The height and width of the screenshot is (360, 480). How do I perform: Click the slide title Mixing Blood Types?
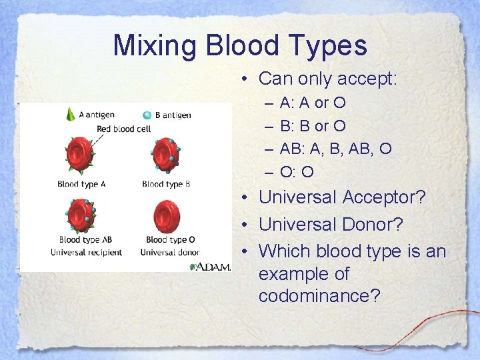tap(240, 45)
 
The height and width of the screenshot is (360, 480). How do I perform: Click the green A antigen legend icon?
tap(71, 114)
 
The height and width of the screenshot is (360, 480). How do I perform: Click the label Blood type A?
tap(81, 184)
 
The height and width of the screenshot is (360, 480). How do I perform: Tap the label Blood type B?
tap(166, 184)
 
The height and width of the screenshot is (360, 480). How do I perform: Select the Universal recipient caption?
tap(87, 252)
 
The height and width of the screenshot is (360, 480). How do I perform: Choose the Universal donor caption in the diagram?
tap(170, 252)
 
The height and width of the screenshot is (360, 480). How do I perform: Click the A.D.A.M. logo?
tap(211, 266)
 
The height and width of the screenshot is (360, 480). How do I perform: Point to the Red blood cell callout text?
tap(124, 129)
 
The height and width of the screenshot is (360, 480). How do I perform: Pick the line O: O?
tap(297, 172)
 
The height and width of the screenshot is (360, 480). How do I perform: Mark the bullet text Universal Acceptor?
tap(342, 197)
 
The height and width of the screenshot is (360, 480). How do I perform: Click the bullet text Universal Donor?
tap(331, 224)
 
